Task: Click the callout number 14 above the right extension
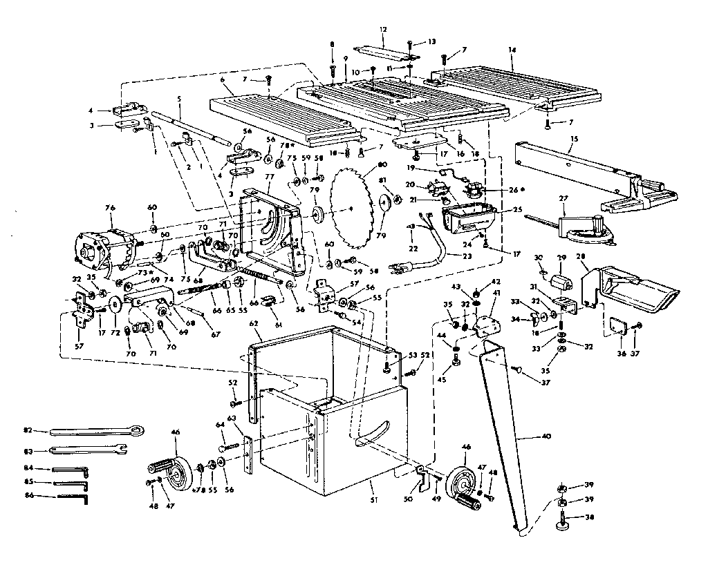[x=512, y=50]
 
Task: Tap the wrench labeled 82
[x=97, y=432]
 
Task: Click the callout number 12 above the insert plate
[x=382, y=29]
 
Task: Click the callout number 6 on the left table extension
[x=223, y=80]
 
